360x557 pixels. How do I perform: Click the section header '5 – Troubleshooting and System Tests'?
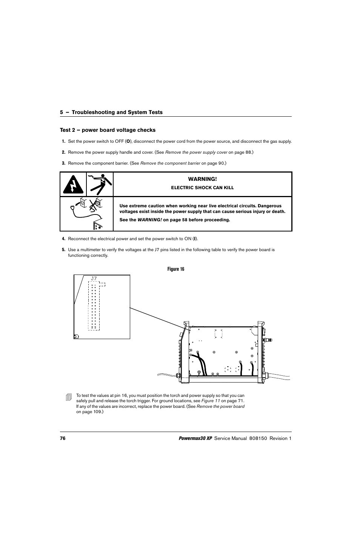(x=111, y=112)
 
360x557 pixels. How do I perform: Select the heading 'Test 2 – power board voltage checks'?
(x=108, y=130)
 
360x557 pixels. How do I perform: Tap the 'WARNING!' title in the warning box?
(x=203, y=179)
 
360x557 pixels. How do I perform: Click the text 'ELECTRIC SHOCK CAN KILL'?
(x=203, y=188)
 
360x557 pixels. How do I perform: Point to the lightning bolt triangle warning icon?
(x=73, y=185)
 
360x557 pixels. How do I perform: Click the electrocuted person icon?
(x=100, y=184)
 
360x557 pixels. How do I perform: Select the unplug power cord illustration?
(x=87, y=213)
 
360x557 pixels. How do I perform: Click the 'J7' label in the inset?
(x=94, y=279)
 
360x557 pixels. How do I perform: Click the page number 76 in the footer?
(x=63, y=438)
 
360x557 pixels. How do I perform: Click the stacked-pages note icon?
(x=68, y=397)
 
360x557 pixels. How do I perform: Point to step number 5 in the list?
(x=63, y=250)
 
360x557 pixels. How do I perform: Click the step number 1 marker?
(x=63, y=142)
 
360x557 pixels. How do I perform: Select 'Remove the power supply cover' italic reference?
(x=196, y=153)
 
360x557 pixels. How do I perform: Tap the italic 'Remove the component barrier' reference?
(x=170, y=164)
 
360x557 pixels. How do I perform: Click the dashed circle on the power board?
(x=228, y=369)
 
